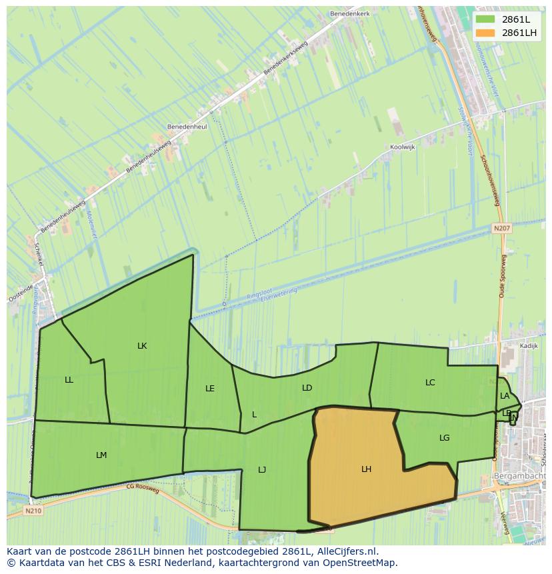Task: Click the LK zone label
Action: point(142,345)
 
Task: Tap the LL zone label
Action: point(69,380)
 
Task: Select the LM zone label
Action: point(101,455)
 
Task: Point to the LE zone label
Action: point(210,388)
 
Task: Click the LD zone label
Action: point(307,387)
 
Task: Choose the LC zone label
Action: point(430,383)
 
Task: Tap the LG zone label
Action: point(445,438)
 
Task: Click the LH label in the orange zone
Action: point(366,469)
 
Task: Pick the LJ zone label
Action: point(262,470)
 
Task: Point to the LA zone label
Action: point(505,396)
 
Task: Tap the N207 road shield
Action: point(502,228)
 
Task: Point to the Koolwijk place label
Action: point(404,149)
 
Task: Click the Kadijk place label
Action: point(528,347)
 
